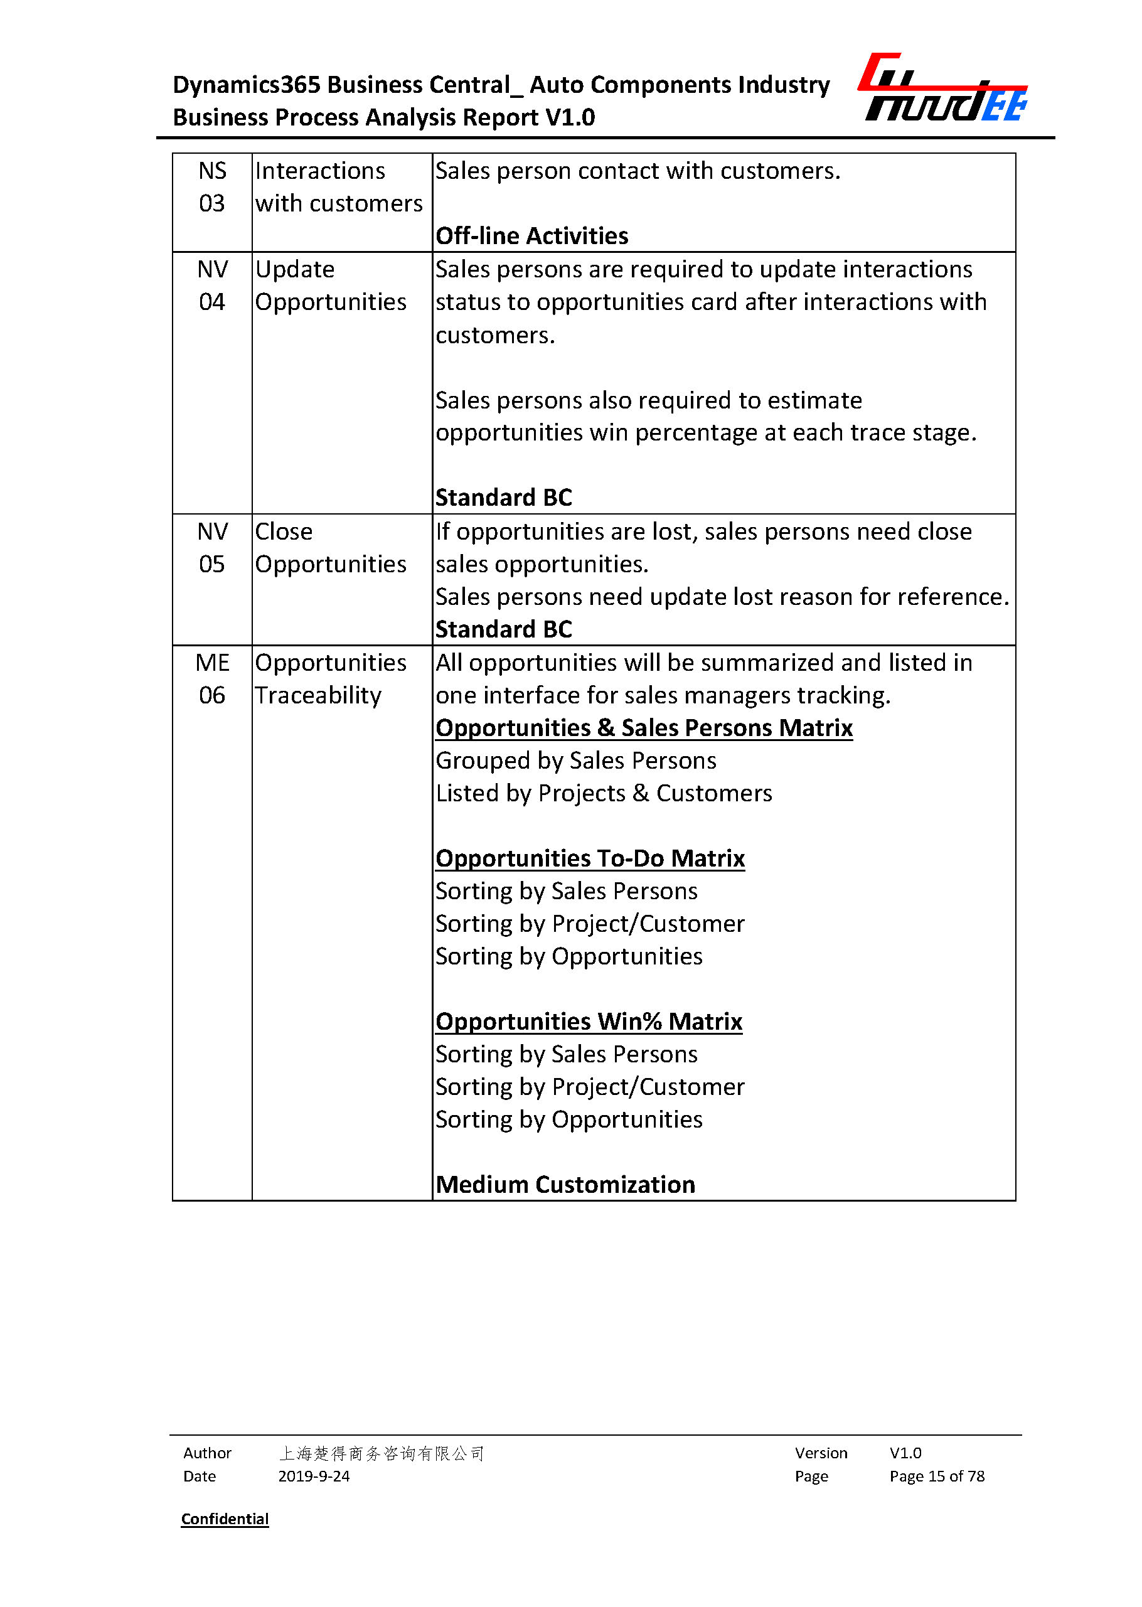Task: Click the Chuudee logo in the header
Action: click(942, 88)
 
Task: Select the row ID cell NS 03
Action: click(211, 187)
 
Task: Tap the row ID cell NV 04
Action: click(211, 286)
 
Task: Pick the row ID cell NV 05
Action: click(211, 548)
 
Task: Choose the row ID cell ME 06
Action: click(211, 679)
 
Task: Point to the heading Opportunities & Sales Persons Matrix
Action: click(643, 728)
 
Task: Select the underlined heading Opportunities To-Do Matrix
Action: click(590, 858)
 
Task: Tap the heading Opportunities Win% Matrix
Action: click(589, 1022)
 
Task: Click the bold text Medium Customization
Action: click(565, 1185)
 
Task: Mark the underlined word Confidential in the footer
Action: click(225, 1519)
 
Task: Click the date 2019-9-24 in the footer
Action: click(314, 1476)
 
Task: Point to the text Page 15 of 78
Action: click(937, 1476)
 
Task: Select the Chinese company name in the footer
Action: click(381, 1453)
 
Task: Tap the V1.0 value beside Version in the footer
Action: click(905, 1453)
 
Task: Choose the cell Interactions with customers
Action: click(338, 187)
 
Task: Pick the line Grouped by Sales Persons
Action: click(576, 761)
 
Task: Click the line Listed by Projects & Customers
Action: click(604, 793)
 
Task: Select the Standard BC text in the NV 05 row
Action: click(503, 629)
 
